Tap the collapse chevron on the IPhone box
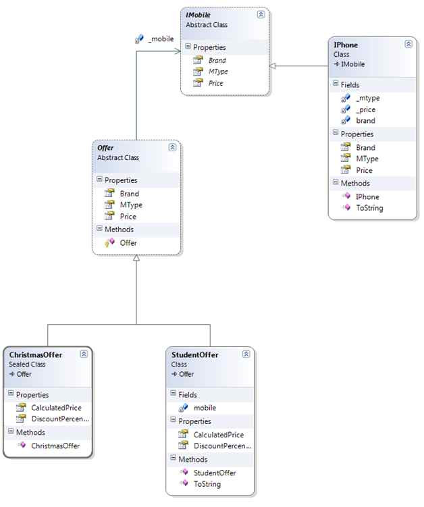coord(408,44)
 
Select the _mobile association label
coord(160,39)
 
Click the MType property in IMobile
coord(217,72)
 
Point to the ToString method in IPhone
coord(369,208)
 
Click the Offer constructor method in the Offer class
coord(128,242)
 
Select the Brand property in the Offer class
coord(129,194)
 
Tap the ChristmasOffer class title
coord(36,354)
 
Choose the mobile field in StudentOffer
coord(205,408)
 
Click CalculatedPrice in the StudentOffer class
coord(218,435)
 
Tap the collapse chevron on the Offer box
coord(172,146)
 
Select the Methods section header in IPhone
coord(355,183)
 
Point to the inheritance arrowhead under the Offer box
coord(136,260)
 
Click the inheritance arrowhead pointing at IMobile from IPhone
coord(272,65)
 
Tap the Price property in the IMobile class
coord(216,83)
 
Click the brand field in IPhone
coord(365,121)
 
